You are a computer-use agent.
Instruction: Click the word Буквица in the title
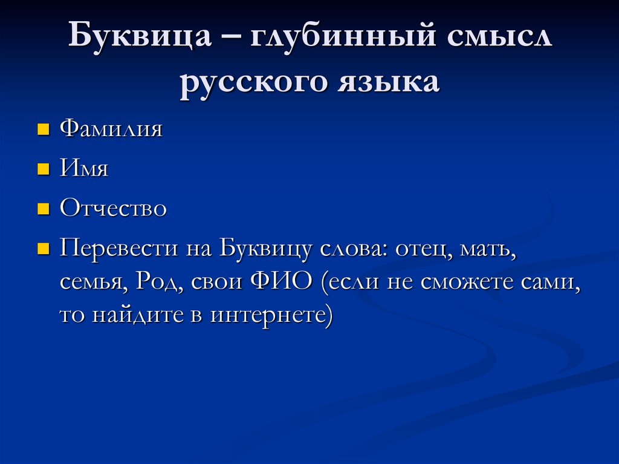(x=140, y=39)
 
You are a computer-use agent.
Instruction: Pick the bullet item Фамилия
(x=111, y=129)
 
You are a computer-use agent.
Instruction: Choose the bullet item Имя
(x=84, y=169)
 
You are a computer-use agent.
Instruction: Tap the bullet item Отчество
(x=113, y=209)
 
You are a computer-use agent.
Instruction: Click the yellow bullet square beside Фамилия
(x=43, y=130)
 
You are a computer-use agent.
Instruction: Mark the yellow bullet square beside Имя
(x=43, y=169)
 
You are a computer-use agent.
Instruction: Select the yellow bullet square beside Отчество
(x=43, y=209)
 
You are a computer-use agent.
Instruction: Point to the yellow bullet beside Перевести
(x=43, y=249)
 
